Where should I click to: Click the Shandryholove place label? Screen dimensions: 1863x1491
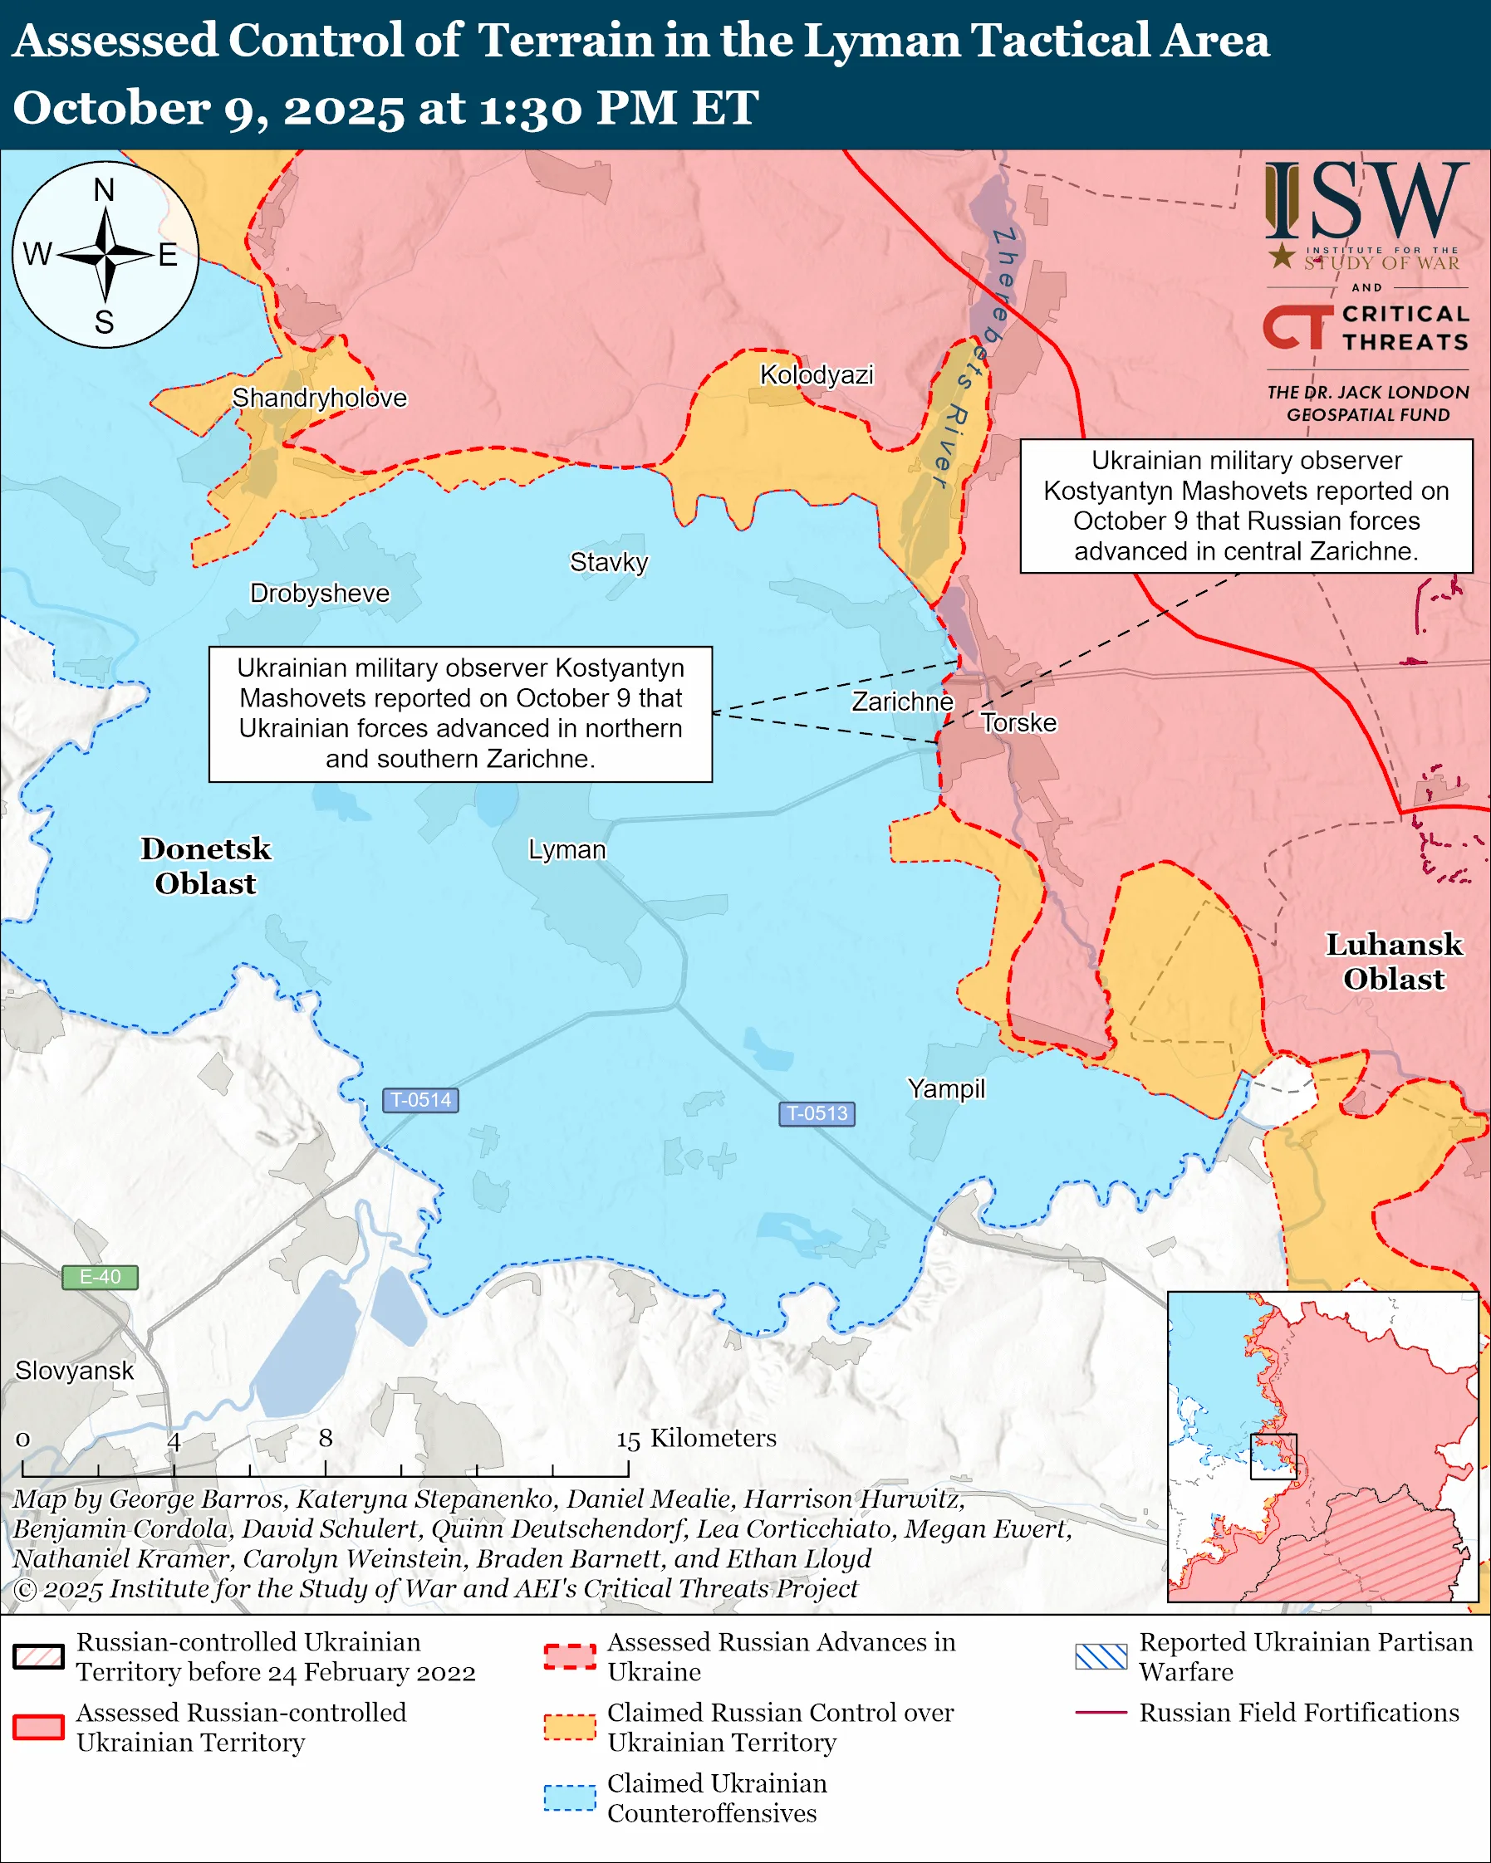(x=319, y=398)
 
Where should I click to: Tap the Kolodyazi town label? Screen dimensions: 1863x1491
(x=816, y=374)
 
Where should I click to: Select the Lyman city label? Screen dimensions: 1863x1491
(x=566, y=849)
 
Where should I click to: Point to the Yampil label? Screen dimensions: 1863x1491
(x=945, y=1088)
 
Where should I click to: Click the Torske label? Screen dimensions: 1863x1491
(x=1018, y=722)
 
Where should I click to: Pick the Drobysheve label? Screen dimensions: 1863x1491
(x=319, y=593)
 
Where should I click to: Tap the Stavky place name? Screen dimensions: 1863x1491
(x=609, y=562)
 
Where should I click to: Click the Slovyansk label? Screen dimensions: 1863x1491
(x=74, y=1370)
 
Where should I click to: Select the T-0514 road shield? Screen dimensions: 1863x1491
(x=420, y=1100)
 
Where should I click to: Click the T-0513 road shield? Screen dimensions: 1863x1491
(x=816, y=1113)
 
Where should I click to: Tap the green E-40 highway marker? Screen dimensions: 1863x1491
(x=100, y=1276)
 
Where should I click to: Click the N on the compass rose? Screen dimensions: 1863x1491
(x=104, y=189)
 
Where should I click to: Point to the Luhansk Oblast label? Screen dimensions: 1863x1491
(x=1393, y=961)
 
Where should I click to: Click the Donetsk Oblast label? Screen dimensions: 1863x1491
(x=206, y=865)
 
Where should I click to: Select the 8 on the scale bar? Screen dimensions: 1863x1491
(x=325, y=1437)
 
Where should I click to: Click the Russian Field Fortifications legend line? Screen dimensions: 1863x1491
(x=1101, y=1712)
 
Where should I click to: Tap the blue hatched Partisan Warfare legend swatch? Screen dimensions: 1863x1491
(x=1101, y=1656)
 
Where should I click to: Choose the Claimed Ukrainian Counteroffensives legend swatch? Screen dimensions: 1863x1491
(x=570, y=1797)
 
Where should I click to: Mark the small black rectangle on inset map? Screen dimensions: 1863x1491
(x=1273, y=1456)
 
